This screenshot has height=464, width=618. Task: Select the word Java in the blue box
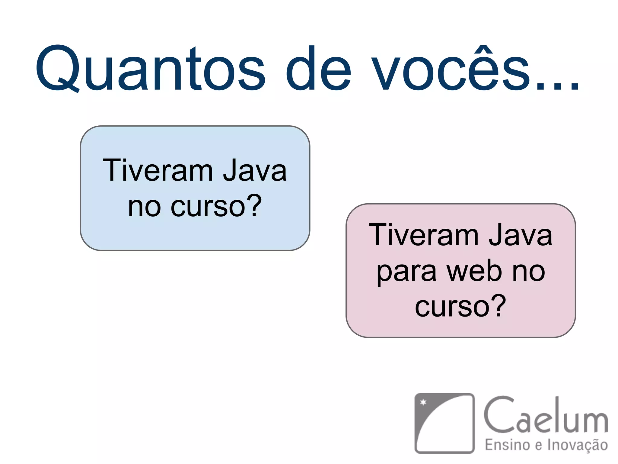(255, 171)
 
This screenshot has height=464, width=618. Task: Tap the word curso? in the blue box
(216, 206)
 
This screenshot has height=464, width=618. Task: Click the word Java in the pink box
(521, 235)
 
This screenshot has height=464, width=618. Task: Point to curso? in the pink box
(460, 306)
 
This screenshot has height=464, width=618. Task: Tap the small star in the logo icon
(423, 402)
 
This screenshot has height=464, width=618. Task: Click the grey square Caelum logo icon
(444, 423)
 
